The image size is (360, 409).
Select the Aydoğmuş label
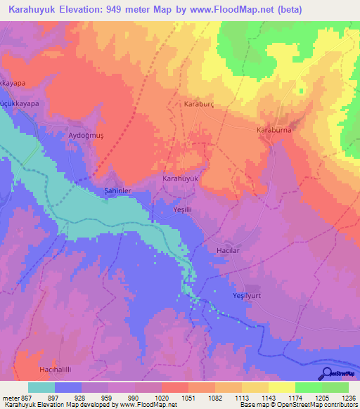tap(86, 136)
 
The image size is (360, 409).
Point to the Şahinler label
tap(112, 190)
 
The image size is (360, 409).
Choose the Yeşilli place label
tap(183, 209)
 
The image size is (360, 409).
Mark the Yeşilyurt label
tap(247, 296)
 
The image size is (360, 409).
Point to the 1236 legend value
tap(348, 397)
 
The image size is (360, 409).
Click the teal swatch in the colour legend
tap(41, 387)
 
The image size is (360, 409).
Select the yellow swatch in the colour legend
tap(281, 387)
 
